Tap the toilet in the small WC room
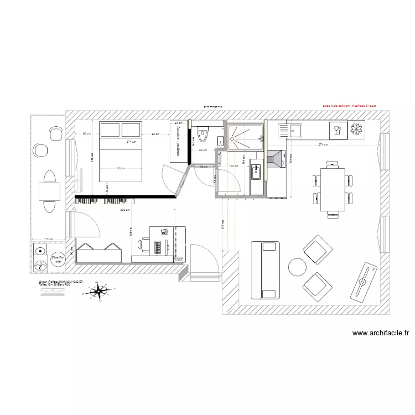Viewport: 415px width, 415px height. pyautogui.click(x=203, y=135)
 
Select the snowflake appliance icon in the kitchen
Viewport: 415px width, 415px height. pyautogui.click(x=356, y=130)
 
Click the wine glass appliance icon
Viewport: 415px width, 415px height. pyautogui.click(x=336, y=131)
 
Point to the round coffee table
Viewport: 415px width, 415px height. pyautogui.click(x=298, y=267)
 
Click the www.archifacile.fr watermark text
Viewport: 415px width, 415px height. pyautogui.click(x=381, y=333)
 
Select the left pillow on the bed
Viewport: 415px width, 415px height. pyautogui.click(x=110, y=130)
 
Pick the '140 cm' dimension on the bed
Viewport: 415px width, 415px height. pyautogui.click(x=120, y=168)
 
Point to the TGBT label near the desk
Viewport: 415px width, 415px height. pyautogui.click(x=178, y=258)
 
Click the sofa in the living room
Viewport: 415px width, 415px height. pyautogui.click(x=264, y=269)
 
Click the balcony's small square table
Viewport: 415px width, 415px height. pyautogui.click(x=49, y=191)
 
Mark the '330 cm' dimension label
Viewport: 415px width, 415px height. pyautogui.click(x=124, y=210)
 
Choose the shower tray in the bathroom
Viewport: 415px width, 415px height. pyautogui.click(x=245, y=137)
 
